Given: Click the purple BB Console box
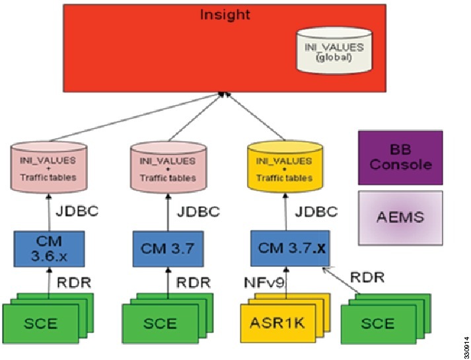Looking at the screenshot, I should click(x=400, y=157).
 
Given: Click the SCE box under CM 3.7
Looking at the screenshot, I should click(x=159, y=323).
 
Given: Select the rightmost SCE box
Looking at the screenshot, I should click(x=377, y=323).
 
